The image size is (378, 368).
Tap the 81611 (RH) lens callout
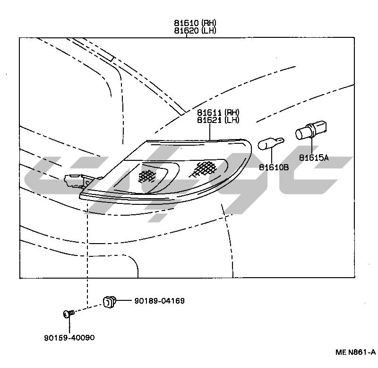[218, 113]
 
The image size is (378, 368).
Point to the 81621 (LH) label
[218, 120]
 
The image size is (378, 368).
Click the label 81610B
[274, 167]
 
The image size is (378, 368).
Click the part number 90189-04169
[159, 301]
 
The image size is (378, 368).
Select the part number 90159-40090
[69, 338]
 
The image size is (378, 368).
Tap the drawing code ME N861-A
[355, 352]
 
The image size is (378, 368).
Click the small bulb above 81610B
[272, 142]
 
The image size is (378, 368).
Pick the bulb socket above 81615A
[311, 131]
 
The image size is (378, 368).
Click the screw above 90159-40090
[69, 313]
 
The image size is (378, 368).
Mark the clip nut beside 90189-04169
[110, 301]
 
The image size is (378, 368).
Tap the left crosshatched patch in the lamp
[147, 175]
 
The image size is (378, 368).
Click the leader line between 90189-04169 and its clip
[125, 301]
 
